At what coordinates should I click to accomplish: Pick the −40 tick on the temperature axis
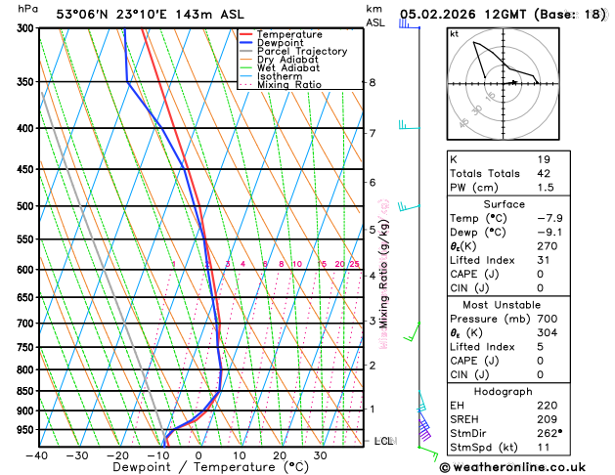(x=37, y=455)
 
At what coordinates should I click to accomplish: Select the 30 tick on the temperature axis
(x=320, y=455)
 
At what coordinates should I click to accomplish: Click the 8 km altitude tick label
(x=372, y=83)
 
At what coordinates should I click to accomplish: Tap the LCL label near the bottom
(x=384, y=442)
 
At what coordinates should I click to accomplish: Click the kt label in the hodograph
(x=454, y=34)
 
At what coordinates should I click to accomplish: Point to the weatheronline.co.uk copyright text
(x=527, y=467)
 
